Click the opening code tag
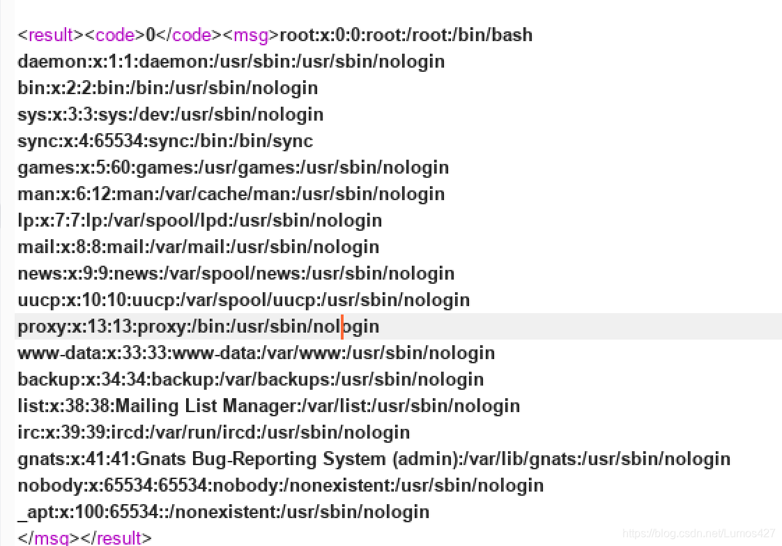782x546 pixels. click(x=114, y=35)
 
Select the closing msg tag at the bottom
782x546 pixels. click(x=52, y=538)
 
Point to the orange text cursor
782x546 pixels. click(x=342, y=326)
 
